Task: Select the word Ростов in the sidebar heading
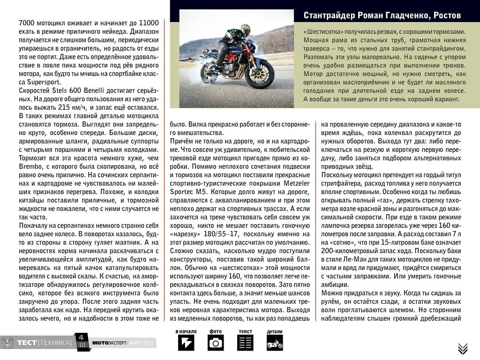click(445, 15)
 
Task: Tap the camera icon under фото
click(216, 343)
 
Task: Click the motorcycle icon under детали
click(275, 344)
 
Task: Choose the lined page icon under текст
click(245, 343)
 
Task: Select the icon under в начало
click(186, 343)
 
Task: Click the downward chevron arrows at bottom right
click(463, 348)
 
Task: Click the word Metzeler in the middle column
click(293, 182)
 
